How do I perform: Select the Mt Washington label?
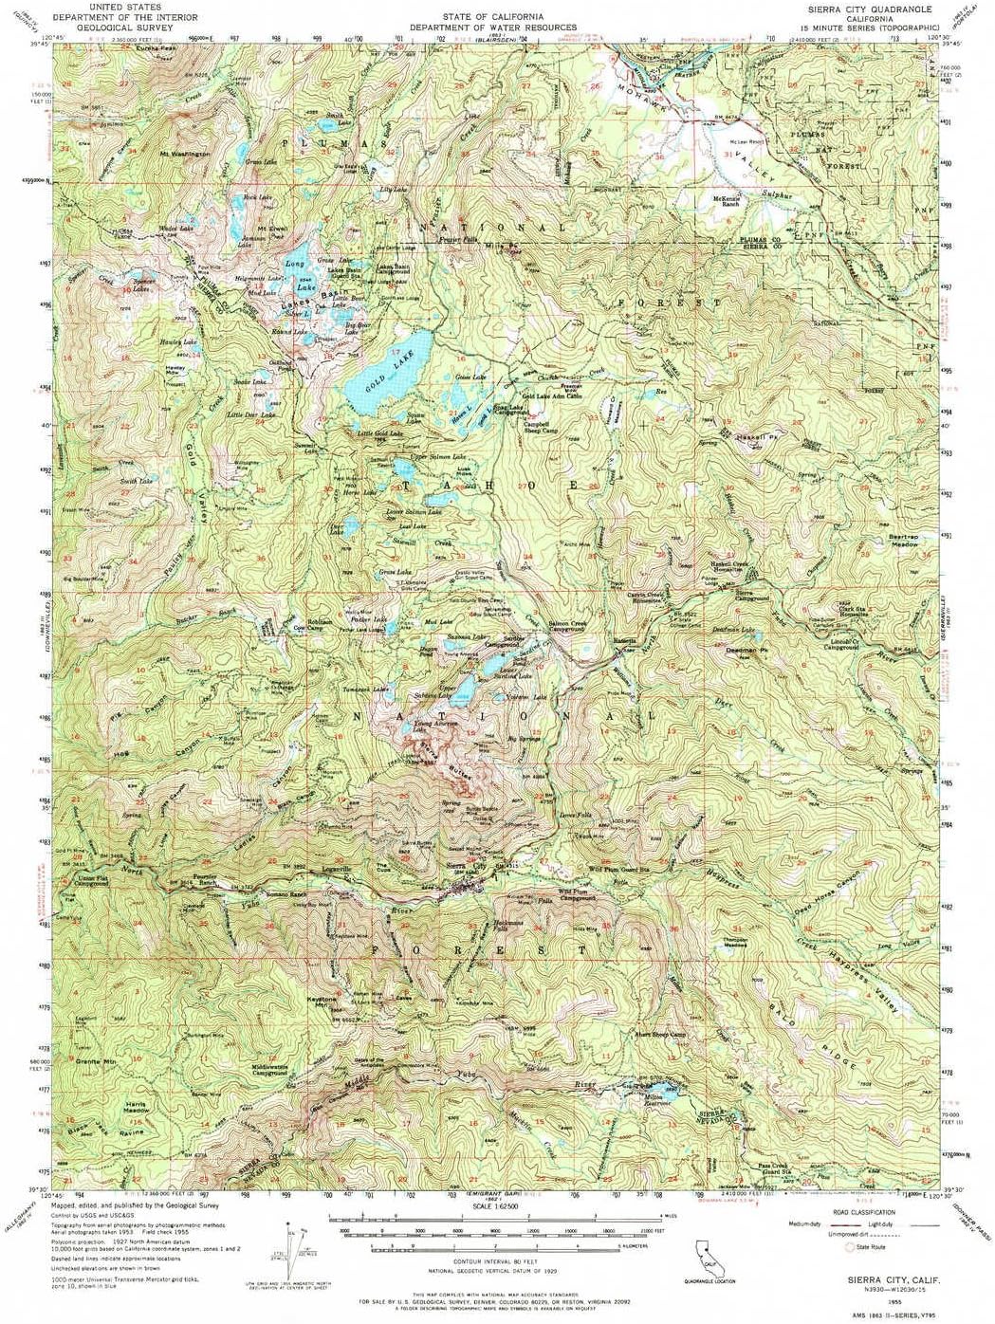[184, 153]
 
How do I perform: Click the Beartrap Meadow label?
[902, 541]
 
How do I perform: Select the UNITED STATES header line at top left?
[124, 8]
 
